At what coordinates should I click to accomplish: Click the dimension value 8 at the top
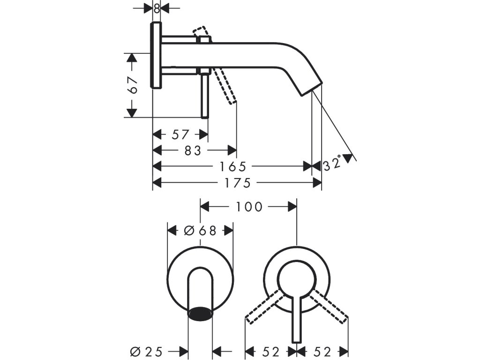(157, 8)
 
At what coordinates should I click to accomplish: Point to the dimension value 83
(193, 150)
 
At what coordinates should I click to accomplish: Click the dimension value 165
(233, 166)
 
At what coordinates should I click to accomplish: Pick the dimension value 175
(238, 183)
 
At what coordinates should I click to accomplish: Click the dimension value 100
(249, 207)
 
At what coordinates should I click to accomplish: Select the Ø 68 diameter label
(200, 230)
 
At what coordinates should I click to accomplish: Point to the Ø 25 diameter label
(146, 352)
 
